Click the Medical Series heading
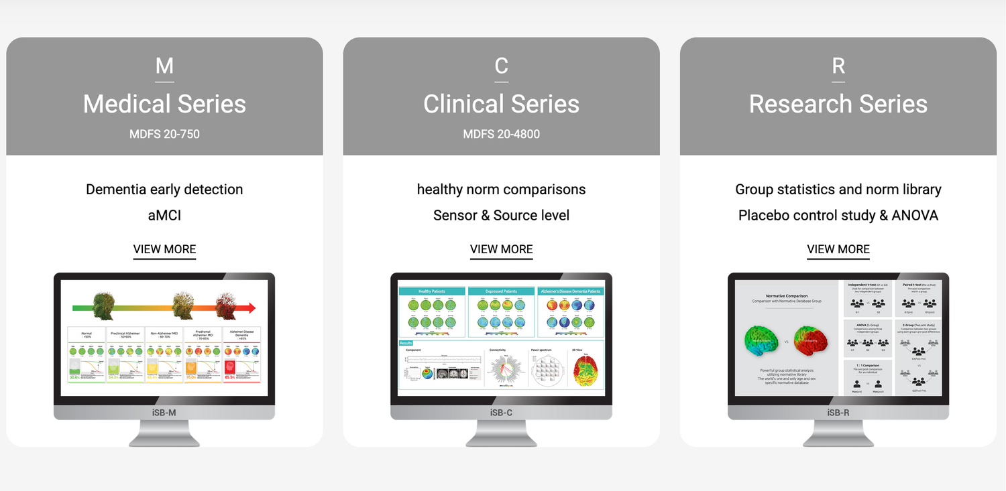[164, 104]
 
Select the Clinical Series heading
[501, 104]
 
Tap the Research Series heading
[838, 104]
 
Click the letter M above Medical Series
[164, 66]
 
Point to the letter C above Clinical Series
[501, 66]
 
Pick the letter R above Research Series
[838, 66]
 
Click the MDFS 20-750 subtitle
[164, 134]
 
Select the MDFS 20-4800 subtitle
[501, 134]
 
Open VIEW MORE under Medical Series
[164, 249]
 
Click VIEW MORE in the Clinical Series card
[501, 249]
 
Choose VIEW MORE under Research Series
[838, 249]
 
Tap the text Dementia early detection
[164, 190]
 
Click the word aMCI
[164, 216]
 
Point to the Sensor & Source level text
[501, 216]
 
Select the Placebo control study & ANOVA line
[838, 216]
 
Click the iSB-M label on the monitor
[164, 413]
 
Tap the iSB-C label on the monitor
[501, 413]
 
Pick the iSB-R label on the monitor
[838, 413]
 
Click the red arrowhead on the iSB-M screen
[249, 308]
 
